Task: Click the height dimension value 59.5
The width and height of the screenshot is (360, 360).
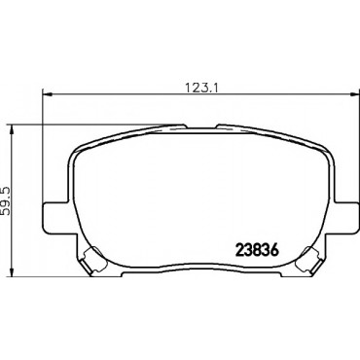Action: click(7, 200)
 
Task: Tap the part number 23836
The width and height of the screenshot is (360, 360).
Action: click(258, 250)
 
